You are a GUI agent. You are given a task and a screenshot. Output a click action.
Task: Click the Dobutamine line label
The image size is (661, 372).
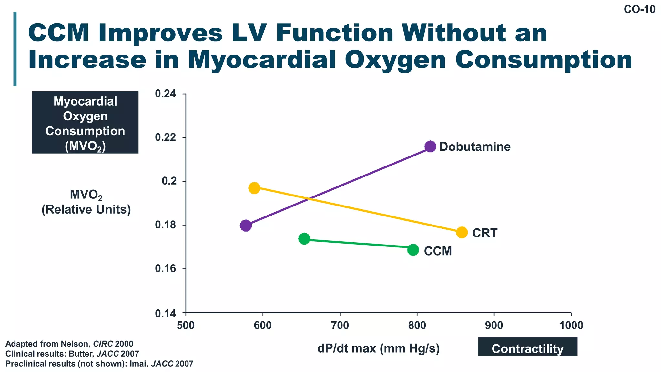[x=475, y=147]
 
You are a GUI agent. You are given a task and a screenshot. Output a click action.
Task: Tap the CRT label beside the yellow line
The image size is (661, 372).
[x=485, y=233]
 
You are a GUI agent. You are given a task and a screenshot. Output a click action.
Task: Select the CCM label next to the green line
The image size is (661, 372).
[x=438, y=251]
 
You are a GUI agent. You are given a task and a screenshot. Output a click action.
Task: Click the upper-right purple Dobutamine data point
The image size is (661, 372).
[x=430, y=146]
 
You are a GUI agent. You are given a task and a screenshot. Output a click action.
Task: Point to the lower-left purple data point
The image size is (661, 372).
[x=246, y=225]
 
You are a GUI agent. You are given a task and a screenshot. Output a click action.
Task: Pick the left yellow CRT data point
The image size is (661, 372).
[x=254, y=188]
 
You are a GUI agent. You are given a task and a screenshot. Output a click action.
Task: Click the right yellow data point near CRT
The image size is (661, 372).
[x=462, y=232]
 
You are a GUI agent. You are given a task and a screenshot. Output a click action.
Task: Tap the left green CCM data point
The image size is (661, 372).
[x=304, y=239]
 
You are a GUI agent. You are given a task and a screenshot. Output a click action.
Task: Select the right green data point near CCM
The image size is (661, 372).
[x=413, y=250]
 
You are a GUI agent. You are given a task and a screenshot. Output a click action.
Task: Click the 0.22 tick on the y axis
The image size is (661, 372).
[x=166, y=137]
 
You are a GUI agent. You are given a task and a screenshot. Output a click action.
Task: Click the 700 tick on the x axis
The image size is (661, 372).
[x=340, y=325]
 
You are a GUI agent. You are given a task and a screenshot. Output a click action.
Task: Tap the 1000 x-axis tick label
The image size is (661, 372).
[x=571, y=325]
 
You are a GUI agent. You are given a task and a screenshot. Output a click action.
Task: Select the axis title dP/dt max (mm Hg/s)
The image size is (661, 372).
[x=379, y=348]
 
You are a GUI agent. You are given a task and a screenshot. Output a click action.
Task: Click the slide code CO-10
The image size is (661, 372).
[x=639, y=10]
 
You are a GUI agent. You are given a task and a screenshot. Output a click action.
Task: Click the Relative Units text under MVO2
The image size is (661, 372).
[x=86, y=209]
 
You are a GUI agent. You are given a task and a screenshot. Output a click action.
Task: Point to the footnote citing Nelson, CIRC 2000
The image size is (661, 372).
[x=69, y=344]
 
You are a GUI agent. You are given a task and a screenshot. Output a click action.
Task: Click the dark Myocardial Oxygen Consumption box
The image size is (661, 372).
[x=85, y=122]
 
